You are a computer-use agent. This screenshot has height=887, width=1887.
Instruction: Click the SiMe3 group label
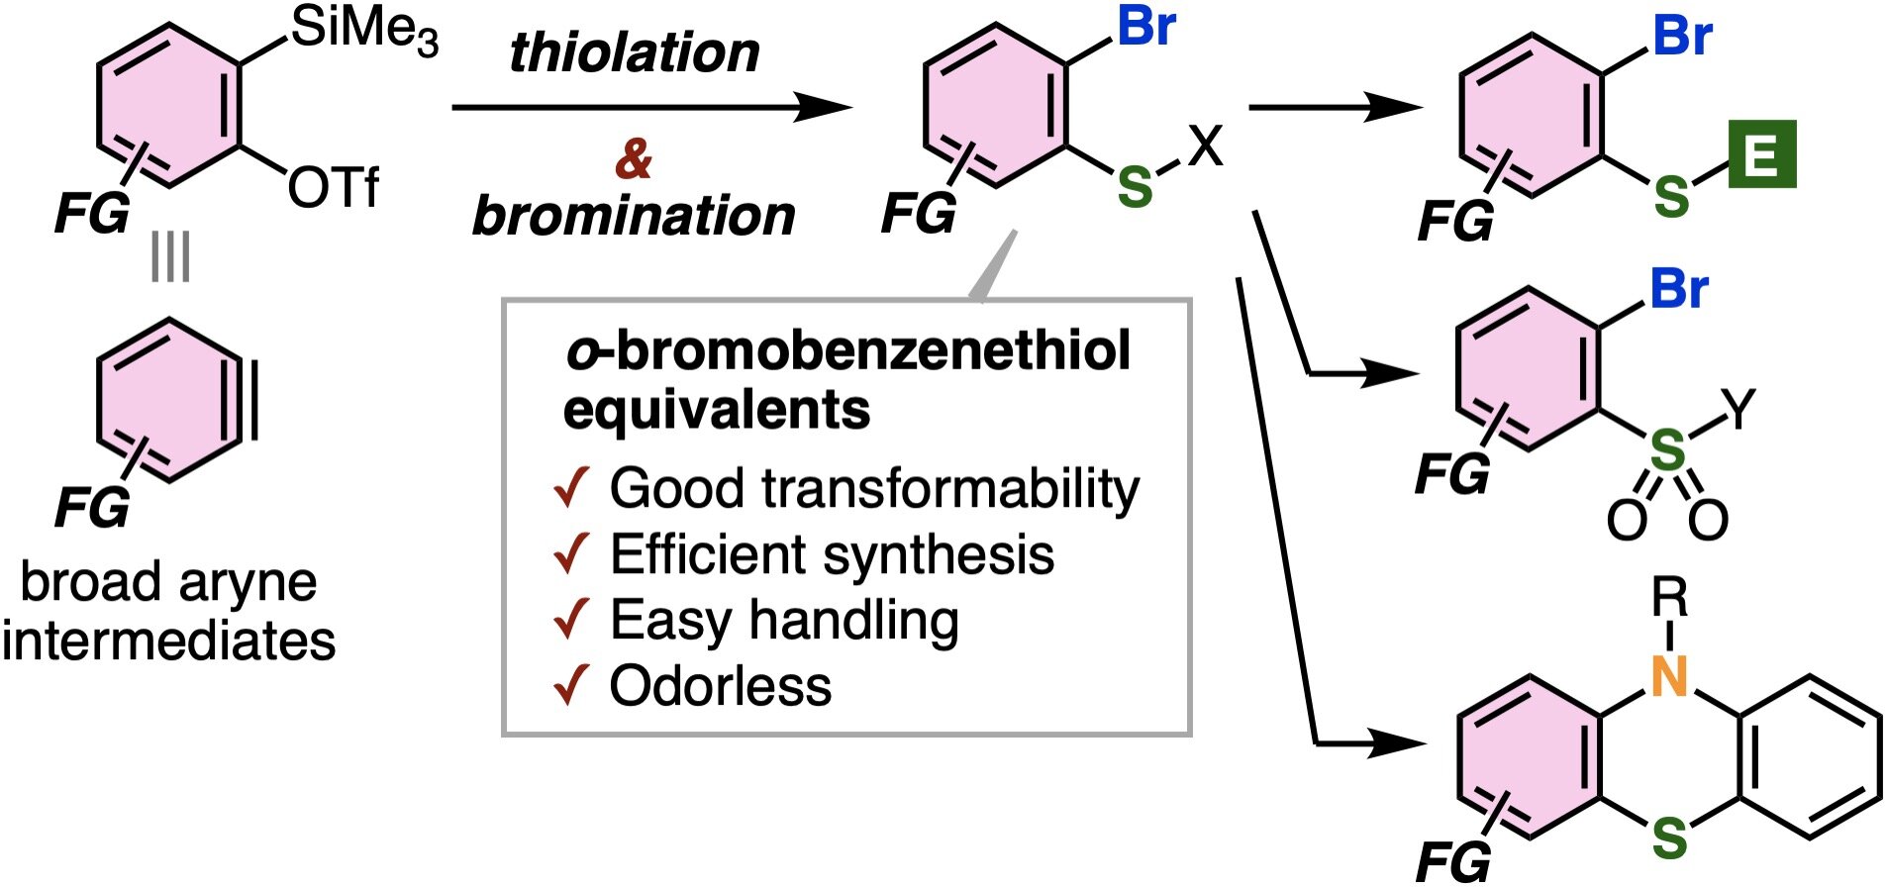coord(362,30)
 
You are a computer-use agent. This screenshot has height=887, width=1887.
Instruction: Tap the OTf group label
coord(333,187)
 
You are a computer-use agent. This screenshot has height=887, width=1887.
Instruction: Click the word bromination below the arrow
coord(634,216)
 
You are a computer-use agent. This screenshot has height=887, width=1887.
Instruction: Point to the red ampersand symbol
coord(634,158)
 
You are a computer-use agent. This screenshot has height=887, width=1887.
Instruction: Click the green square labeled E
coord(1761,154)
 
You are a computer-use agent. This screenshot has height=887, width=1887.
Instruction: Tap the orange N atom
coord(1669,676)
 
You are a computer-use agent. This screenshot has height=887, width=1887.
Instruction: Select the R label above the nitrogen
coord(1669,598)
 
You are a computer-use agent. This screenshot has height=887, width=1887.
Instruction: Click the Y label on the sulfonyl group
coord(1738,408)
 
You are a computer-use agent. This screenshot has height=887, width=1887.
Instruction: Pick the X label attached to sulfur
coord(1205,147)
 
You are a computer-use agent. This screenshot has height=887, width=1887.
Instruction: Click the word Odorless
coord(720,686)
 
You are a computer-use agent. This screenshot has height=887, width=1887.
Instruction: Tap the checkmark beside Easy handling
coord(571,620)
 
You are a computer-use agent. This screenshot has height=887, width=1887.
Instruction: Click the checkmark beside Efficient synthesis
coord(571,553)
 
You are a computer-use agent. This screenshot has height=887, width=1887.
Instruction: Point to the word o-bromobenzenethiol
coord(847,350)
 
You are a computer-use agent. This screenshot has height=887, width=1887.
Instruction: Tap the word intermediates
coord(169,641)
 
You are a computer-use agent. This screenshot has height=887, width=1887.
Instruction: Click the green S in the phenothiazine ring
coord(1669,839)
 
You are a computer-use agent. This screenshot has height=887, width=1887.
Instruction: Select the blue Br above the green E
coord(1683,37)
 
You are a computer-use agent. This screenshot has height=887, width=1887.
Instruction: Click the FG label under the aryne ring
coord(91,508)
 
